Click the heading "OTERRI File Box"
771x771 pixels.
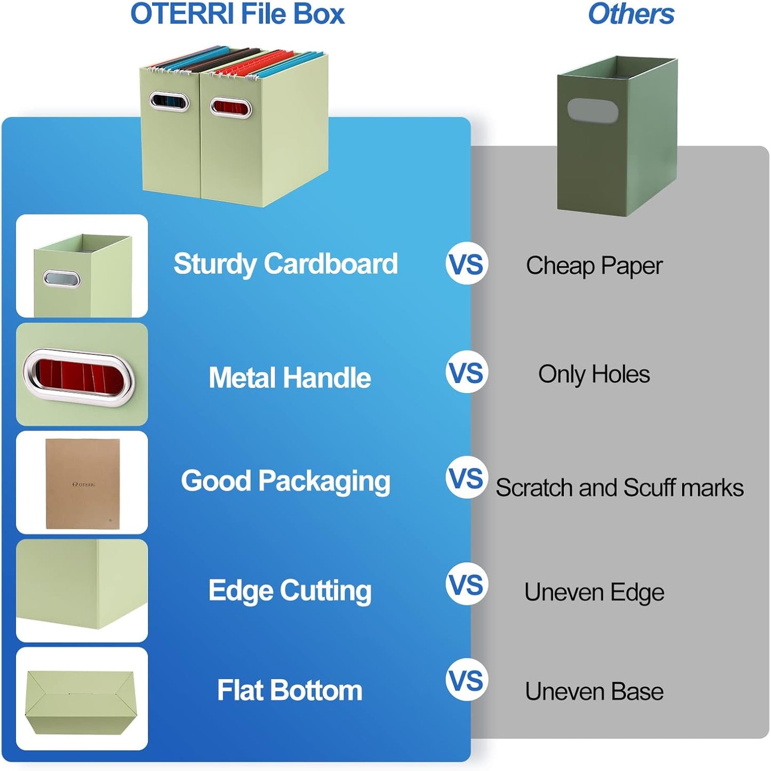pyautogui.click(x=237, y=14)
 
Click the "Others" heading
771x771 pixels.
pyautogui.click(x=631, y=14)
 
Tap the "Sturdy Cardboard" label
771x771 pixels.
pyautogui.click(x=285, y=264)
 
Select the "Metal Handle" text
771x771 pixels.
pyautogui.click(x=290, y=378)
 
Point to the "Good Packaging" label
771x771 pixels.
pyautogui.click(x=285, y=481)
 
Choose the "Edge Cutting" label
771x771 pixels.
pyautogui.click(x=290, y=591)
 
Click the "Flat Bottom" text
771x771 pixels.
pyautogui.click(x=290, y=690)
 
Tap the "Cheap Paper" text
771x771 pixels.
pyautogui.click(x=594, y=266)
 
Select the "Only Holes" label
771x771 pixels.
pyautogui.click(x=594, y=374)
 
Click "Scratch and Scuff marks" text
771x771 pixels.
pyautogui.click(x=619, y=488)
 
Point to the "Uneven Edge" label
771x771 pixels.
pyautogui.click(x=594, y=592)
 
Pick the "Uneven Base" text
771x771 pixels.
pyautogui.click(x=594, y=691)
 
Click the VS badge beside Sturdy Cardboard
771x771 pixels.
pyautogui.click(x=467, y=264)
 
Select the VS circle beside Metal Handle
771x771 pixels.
pyautogui.click(x=467, y=372)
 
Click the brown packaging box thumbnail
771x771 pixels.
pyautogui.click(x=82, y=483)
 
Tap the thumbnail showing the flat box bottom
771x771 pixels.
pyautogui.click(x=82, y=699)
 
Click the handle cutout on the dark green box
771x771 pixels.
pyautogui.click(x=592, y=110)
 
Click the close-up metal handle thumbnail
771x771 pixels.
pyautogui.click(x=82, y=375)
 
